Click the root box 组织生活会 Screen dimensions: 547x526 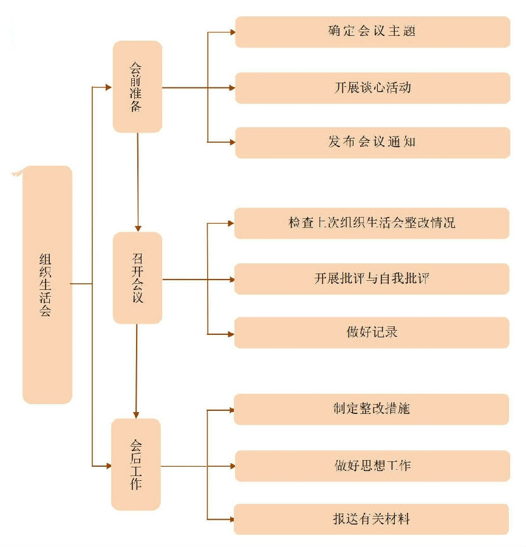click(47, 284)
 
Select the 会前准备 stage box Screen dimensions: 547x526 click(137, 87)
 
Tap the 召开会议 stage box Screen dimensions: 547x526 click(137, 278)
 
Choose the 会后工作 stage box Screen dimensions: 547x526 click(136, 464)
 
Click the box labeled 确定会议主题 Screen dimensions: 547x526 click(372, 32)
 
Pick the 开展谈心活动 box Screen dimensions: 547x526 click(372, 88)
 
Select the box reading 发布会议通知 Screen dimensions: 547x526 click(372, 142)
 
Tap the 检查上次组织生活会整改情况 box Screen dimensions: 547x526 click(372, 222)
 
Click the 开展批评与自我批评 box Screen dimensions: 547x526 click(372, 279)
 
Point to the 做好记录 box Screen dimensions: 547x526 click(372, 332)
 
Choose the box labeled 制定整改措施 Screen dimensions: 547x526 click(372, 409)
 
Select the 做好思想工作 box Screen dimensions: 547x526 click(372, 466)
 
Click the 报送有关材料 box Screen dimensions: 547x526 click(372, 520)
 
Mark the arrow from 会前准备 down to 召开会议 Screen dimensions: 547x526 click(138, 182)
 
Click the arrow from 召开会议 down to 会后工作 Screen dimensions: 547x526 click(136, 371)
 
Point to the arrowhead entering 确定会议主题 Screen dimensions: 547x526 click(231, 32)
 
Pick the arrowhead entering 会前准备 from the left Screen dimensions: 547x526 click(109, 88)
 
